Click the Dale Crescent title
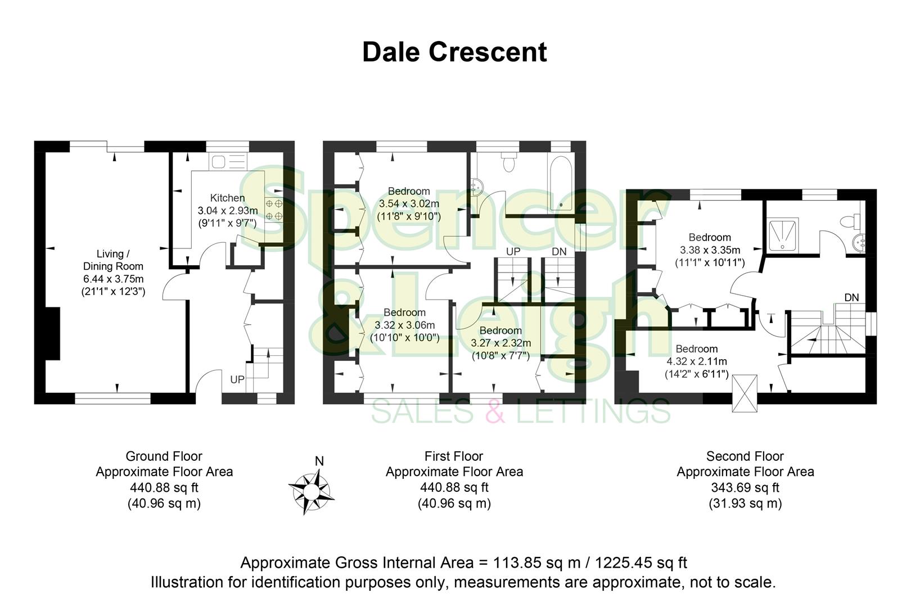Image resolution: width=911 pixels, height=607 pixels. pos(454,52)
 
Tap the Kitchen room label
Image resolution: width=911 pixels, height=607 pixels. pos(227,198)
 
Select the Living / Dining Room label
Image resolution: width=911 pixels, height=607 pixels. pos(113,260)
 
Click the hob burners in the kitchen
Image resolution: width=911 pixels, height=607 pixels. pos(274,209)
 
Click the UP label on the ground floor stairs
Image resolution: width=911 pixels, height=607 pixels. pos(237,380)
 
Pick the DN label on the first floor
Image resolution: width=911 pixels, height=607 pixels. pos(559,251)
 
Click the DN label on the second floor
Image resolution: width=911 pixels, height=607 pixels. pos(851,297)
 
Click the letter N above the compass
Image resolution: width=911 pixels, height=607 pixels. pos(319,461)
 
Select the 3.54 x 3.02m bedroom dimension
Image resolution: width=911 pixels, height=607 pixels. pos(409,203)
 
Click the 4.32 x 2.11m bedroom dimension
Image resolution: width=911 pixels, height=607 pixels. pos(697,361)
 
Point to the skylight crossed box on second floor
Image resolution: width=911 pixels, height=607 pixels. pos(745,393)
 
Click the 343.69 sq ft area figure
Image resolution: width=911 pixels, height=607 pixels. pos(745,487)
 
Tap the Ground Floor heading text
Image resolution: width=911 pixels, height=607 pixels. pos(164,456)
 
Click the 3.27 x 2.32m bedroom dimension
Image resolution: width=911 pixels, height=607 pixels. pos(500,343)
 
